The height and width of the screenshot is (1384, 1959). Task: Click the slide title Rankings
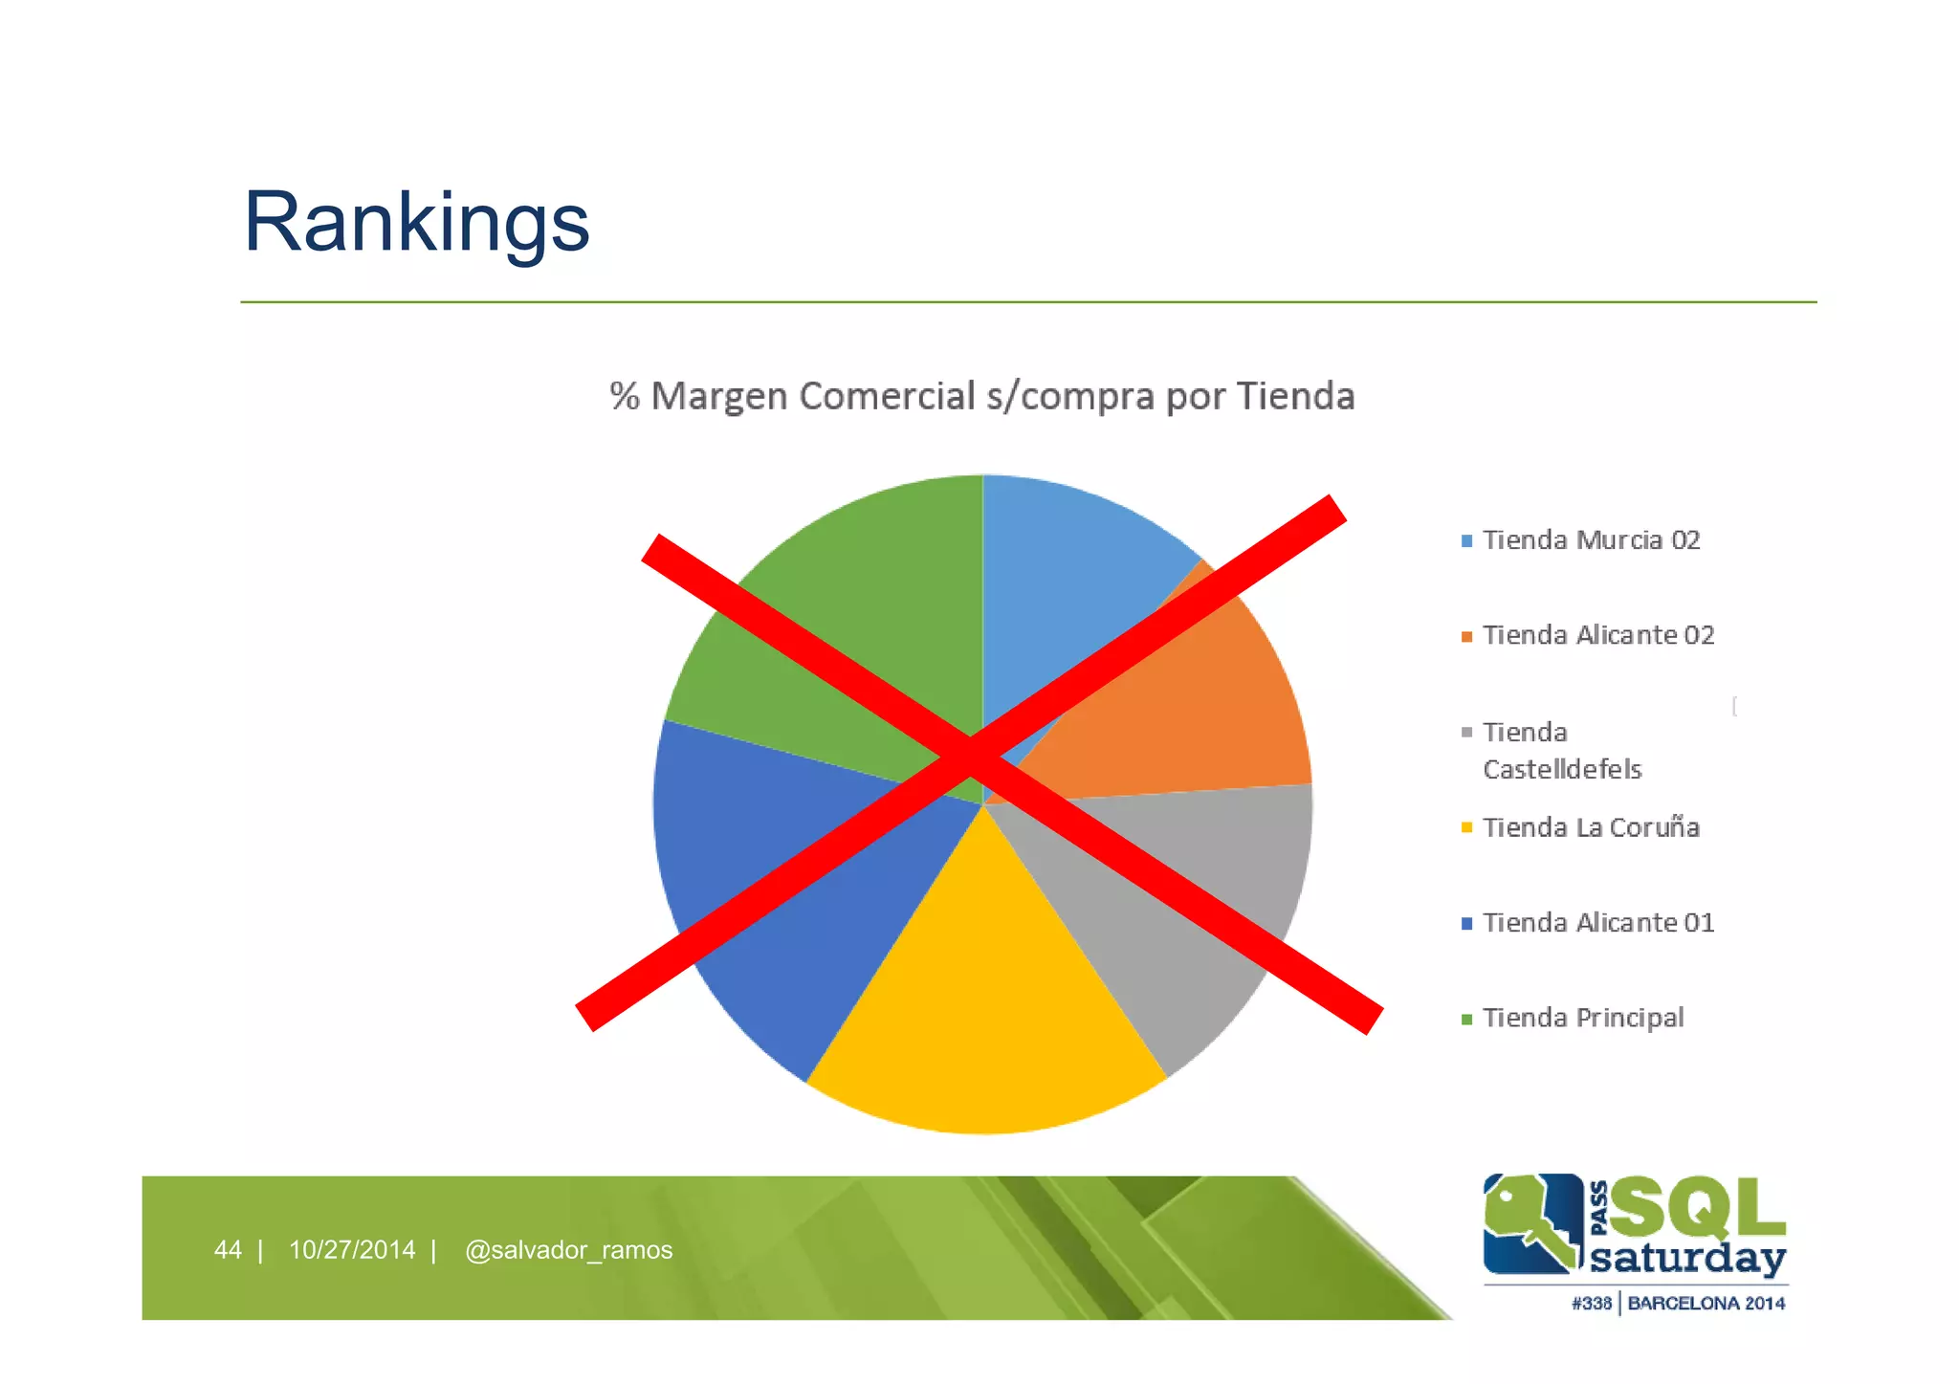[x=416, y=222]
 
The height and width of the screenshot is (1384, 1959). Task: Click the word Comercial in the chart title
[x=887, y=396]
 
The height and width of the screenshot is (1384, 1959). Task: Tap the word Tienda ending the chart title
[x=1295, y=396]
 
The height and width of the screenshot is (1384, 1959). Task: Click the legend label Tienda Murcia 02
[x=1591, y=540]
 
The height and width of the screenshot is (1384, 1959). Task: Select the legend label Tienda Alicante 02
[x=1597, y=635]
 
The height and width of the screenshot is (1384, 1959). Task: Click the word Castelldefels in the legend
[x=1562, y=769]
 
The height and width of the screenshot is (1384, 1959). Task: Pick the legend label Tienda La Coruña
[x=1591, y=827]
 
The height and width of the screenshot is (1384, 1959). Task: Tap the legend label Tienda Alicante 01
[x=1597, y=923]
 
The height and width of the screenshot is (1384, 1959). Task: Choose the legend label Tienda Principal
[x=1583, y=1018]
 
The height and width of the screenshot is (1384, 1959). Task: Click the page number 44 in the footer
[x=228, y=1250]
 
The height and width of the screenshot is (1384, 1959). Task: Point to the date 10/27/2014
[x=352, y=1250]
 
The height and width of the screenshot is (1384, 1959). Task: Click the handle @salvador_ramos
[x=568, y=1250]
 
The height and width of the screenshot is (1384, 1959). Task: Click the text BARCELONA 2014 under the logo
[x=1706, y=1304]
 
